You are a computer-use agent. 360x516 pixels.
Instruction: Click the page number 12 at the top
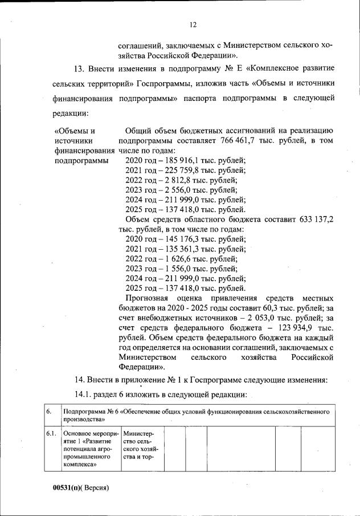(x=193, y=25)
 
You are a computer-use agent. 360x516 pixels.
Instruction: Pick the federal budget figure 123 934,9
(x=295, y=328)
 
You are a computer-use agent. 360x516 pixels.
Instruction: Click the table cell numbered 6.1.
(x=51, y=434)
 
